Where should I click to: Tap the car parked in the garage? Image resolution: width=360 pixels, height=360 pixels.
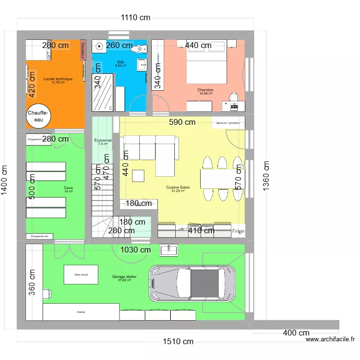[194, 284]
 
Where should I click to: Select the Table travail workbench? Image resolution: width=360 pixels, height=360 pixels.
[81, 275]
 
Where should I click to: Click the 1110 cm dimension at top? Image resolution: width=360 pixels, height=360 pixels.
[135, 18]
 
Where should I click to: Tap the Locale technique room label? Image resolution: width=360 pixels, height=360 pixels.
[58, 79]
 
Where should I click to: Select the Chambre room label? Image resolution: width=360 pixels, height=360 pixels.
[205, 90]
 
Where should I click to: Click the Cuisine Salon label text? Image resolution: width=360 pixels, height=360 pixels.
[178, 187]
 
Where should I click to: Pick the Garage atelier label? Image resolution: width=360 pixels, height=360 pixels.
[124, 277]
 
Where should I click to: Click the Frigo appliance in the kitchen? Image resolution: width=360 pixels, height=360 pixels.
[238, 231]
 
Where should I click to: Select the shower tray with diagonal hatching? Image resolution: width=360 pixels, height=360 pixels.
[102, 93]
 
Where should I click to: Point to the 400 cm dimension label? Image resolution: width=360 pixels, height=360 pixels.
[296, 333]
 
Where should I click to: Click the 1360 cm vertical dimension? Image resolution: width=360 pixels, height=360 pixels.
[266, 176]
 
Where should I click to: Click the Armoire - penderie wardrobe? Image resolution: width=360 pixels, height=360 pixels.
[228, 122]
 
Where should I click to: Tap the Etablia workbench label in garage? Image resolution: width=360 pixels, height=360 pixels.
[81, 312]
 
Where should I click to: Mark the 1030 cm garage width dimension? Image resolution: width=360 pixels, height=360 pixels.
[135, 250]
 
